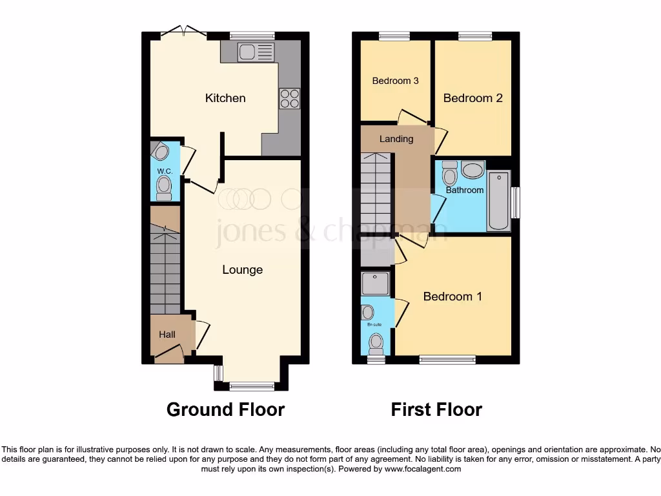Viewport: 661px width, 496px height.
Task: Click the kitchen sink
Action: pos(247,52)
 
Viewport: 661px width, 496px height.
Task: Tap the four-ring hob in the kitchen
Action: pos(289,98)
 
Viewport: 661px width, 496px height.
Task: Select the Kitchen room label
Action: pos(225,98)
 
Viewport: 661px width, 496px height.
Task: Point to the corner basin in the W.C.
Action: pos(160,152)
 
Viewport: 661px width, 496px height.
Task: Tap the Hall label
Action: pos(167,335)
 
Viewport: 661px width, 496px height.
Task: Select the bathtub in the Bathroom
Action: pos(498,200)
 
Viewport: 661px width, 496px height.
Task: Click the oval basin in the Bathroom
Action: pos(473,170)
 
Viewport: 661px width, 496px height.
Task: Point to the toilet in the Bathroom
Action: pos(450,174)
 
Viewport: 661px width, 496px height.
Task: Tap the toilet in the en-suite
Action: pos(376,343)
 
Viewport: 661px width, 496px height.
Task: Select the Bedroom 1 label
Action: pos(453,296)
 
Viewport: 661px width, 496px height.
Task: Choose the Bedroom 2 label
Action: pos(473,98)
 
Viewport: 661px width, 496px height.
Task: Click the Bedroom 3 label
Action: pos(396,81)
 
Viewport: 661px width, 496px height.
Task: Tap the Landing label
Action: pos(396,139)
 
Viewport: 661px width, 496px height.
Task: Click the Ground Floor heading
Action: pos(225,409)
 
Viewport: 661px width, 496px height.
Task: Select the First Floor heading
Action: pos(436,409)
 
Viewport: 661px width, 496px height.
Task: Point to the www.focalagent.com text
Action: pos(422,469)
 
